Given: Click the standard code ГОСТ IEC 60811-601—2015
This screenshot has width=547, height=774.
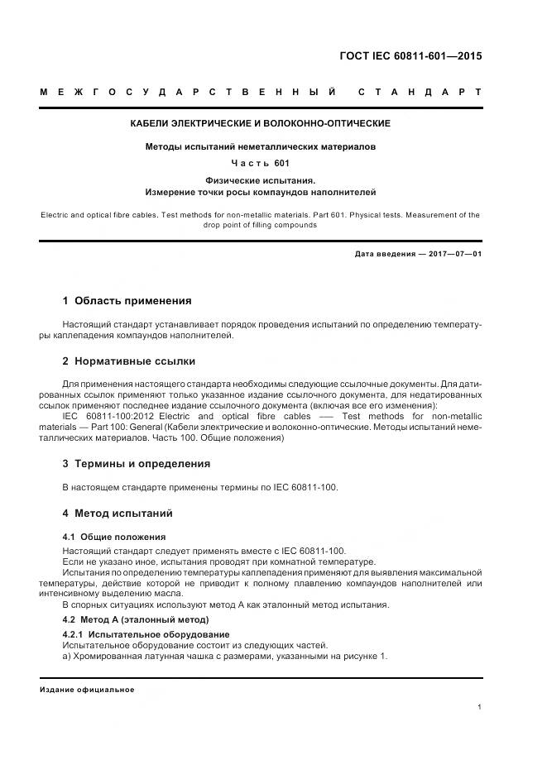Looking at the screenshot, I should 410,56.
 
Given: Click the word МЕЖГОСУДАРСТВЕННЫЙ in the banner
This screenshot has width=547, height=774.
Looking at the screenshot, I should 189,91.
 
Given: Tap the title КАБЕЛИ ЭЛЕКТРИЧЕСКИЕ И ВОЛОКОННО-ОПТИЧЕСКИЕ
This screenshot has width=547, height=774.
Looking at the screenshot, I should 261,123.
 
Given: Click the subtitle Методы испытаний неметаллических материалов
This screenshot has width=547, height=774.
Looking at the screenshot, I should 261,147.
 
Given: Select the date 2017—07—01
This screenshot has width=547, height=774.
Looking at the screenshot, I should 454,254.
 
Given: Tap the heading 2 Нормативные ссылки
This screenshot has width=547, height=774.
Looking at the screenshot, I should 129,361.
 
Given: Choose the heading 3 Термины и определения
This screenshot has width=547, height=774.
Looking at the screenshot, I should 137,463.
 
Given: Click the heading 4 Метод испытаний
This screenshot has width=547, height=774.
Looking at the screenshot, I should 118,514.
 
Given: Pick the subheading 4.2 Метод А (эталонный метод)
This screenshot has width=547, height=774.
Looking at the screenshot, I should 137,619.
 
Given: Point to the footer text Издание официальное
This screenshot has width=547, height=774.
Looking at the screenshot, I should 87,689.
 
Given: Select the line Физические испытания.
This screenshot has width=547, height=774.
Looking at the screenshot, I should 261,179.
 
